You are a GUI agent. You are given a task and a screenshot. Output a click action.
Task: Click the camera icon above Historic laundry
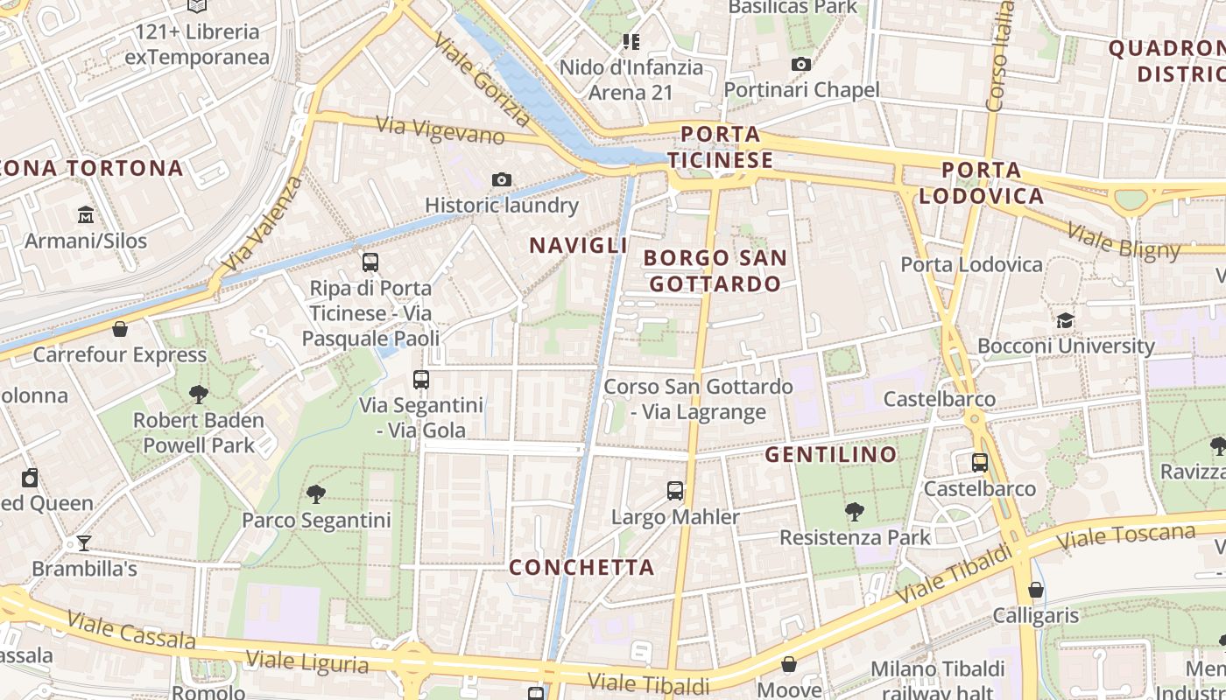pyautogui.click(x=502, y=180)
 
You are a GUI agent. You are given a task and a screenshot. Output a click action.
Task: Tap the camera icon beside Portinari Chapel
pyautogui.click(x=800, y=64)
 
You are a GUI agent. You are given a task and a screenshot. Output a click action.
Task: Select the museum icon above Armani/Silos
pyautogui.click(x=86, y=214)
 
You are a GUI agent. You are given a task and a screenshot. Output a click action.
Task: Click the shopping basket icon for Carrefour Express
pyautogui.click(x=120, y=330)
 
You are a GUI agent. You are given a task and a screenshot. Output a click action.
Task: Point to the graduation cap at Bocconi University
pyautogui.click(x=1065, y=321)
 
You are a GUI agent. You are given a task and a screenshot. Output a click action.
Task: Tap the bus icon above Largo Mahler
pyautogui.click(x=674, y=491)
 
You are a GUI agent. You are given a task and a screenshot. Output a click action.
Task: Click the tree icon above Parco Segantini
pyautogui.click(x=316, y=494)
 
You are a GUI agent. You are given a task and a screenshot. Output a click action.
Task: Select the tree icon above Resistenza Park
pyautogui.click(x=855, y=512)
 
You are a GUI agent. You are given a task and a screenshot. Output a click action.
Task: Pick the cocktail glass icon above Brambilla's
pyautogui.click(x=84, y=543)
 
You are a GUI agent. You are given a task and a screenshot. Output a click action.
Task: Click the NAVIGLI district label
pyautogui.click(x=578, y=246)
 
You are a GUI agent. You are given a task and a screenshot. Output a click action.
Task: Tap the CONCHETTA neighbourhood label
pyautogui.click(x=581, y=568)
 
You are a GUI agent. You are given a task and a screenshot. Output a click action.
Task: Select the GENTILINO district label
pyautogui.click(x=831, y=455)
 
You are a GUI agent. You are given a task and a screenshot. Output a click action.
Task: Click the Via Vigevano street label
pyautogui.click(x=440, y=130)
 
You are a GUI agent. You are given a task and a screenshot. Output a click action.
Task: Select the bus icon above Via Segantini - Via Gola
pyautogui.click(x=421, y=380)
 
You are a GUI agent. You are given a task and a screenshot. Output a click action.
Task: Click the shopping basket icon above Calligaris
pyautogui.click(x=1036, y=591)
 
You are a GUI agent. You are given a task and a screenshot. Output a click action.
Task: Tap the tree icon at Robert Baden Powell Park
pyautogui.click(x=199, y=395)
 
